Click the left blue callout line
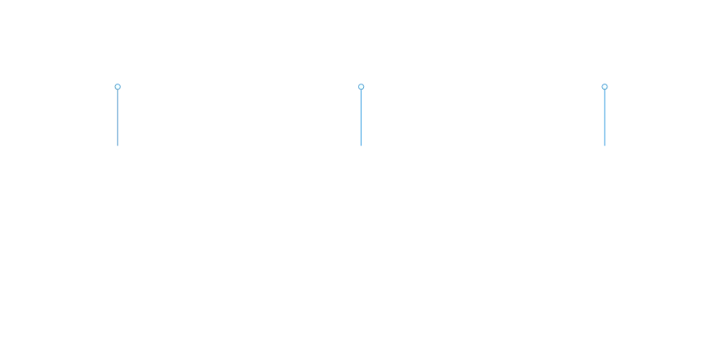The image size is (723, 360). pos(118,118)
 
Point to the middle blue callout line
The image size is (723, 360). pos(361,118)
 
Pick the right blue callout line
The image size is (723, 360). pos(605,118)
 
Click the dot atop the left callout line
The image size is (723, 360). pos(118,86)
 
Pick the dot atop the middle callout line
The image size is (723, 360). pos(361,86)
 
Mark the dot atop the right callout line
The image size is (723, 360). pos(605,86)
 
